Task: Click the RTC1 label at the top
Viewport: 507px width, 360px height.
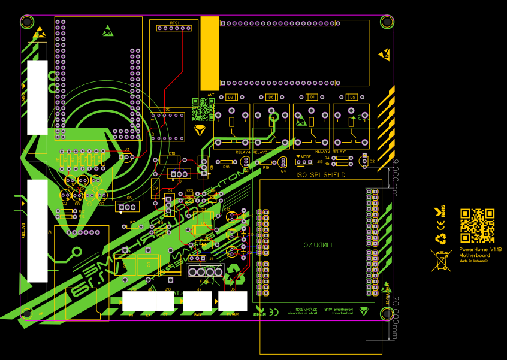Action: point(174,23)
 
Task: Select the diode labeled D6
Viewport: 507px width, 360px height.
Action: point(271,97)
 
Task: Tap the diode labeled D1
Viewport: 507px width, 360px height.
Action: point(311,97)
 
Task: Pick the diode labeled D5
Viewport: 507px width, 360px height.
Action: point(352,97)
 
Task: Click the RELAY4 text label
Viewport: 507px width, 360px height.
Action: point(243,153)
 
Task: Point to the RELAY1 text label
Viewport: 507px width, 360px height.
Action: point(340,153)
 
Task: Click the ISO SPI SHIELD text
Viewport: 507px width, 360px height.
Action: point(321,175)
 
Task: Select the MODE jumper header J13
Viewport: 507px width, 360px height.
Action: point(305,162)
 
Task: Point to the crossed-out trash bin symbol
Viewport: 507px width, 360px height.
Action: point(441,261)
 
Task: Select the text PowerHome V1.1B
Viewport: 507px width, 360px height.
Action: point(479,249)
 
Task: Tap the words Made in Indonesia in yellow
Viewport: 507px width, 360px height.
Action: point(474,261)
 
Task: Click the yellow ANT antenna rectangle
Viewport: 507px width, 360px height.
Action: point(209,54)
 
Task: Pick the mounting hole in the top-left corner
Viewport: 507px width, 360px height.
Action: point(27,22)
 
